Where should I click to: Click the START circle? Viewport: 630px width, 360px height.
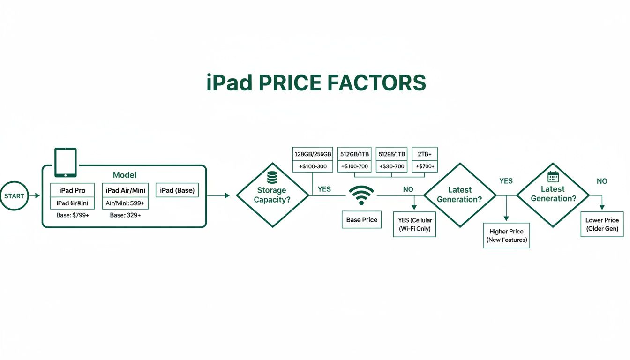pos(14,196)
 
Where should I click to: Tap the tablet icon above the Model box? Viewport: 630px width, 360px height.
pos(66,163)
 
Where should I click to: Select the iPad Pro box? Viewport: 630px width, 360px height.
pos(72,190)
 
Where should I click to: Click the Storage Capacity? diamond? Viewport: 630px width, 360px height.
pos(272,195)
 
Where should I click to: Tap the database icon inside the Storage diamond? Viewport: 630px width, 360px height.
pos(272,177)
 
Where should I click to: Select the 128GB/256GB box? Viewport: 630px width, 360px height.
pos(313,154)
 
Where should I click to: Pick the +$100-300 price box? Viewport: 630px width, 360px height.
pos(313,166)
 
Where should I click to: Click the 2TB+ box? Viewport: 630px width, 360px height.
pos(425,154)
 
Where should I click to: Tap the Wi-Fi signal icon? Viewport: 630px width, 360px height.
pos(361,195)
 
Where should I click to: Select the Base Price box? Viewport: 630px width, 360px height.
pos(361,219)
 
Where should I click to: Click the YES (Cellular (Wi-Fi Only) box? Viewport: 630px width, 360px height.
pos(415,225)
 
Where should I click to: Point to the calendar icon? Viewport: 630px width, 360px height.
pos(553,177)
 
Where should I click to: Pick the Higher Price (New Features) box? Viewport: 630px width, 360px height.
pos(506,235)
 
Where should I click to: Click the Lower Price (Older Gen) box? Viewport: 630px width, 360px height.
pos(602,224)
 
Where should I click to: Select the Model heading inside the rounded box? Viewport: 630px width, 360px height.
pos(125,175)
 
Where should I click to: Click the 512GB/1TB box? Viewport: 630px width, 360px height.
pos(354,154)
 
